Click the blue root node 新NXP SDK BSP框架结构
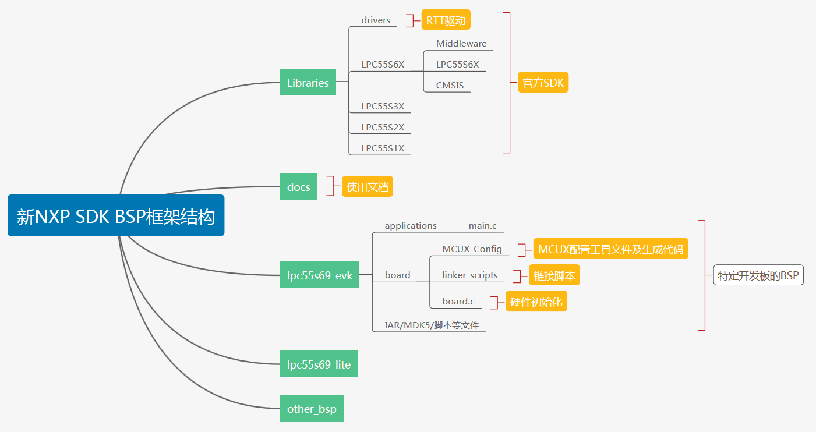(x=116, y=216)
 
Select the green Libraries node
(x=308, y=83)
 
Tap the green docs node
(x=298, y=187)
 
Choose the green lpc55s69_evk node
(x=319, y=275)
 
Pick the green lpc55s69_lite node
(x=319, y=364)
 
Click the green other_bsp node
(x=312, y=409)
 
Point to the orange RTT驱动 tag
(x=446, y=21)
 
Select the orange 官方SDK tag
(x=543, y=83)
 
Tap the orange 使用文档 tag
(x=368, y=187)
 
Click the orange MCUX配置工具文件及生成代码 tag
(x=610, y=249)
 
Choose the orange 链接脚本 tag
(x=554, y=275)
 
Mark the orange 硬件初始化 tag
(x=536, y=302)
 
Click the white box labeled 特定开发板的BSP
(x=758, y=275)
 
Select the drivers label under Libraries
(x=376, y=20)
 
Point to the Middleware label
(x=461, y=44)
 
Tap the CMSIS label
(x=450, y=86)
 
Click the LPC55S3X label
(x=382, y=107)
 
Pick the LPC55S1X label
(x=382, y=148)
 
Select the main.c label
(x=482, y=226)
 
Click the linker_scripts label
(x=469, y=275)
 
